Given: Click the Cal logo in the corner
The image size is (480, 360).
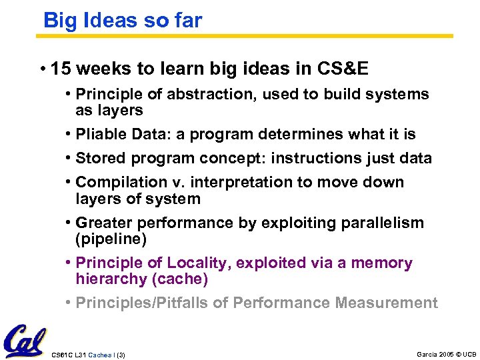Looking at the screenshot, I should pyautogui.click(x=25, y=341).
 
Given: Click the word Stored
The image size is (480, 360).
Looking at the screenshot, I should pyautogui.click(x=99, y=159).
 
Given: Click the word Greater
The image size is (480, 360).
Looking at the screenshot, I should pyautogui.click(x=101, y=223).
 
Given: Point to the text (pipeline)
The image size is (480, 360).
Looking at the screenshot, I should pyautogui.click(x=111, y=239).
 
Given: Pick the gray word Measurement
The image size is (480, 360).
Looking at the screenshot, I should pyautogui.click(x=387, y=303).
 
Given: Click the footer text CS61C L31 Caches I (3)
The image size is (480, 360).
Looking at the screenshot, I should pyautogui.click(x=88, y=355).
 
